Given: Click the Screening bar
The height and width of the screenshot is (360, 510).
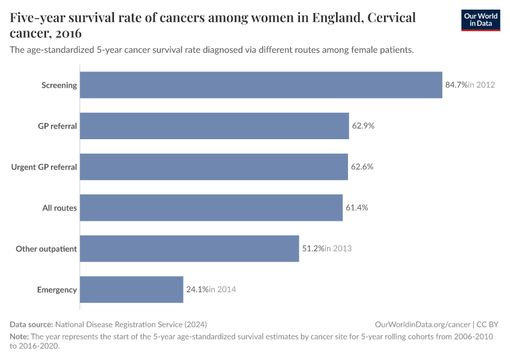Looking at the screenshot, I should (261, 85).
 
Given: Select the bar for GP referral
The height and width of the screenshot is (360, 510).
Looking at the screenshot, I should (214, 126).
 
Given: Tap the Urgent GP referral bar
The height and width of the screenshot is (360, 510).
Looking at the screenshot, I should (214, 167).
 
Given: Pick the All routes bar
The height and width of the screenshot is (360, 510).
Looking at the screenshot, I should (211, 208).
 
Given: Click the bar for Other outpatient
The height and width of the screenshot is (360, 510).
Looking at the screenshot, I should (189, 248).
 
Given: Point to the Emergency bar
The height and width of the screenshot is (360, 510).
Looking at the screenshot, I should (131, 289).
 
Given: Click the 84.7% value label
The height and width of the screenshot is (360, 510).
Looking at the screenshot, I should (455, 85).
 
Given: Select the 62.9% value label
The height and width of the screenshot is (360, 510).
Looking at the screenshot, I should (363, 126).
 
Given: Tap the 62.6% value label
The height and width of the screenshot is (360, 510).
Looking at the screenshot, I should (362, 167).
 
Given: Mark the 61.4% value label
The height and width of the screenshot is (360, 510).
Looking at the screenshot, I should (356, 208).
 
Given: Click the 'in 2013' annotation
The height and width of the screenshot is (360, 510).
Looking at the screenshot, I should (338, 248).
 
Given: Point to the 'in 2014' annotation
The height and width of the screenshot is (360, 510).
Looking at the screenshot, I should (222, 289).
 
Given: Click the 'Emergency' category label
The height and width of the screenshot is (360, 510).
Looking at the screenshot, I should (57, 290).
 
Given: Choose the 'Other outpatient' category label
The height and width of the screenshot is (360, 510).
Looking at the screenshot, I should (46, 249).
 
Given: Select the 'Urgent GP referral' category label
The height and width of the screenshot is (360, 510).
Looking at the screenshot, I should (44, 167).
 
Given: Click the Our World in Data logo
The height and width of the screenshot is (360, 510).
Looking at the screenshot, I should (480, 20).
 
